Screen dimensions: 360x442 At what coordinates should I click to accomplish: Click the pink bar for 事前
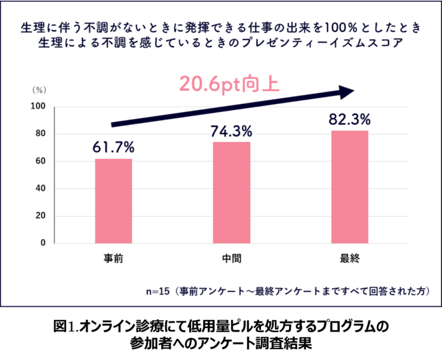pos(114,200)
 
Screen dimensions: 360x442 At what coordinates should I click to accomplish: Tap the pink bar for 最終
pos(350,186)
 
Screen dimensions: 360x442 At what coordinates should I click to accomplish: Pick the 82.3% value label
pos(350,118)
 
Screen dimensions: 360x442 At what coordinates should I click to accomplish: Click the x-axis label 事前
pos(114,259)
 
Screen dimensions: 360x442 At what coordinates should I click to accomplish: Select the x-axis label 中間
pos(231,259)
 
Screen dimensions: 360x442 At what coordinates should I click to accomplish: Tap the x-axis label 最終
pos(350,259)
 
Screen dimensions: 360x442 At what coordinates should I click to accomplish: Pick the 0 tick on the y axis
pos(41,242)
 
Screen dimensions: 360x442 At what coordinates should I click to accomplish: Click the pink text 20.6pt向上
pos(230,84)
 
